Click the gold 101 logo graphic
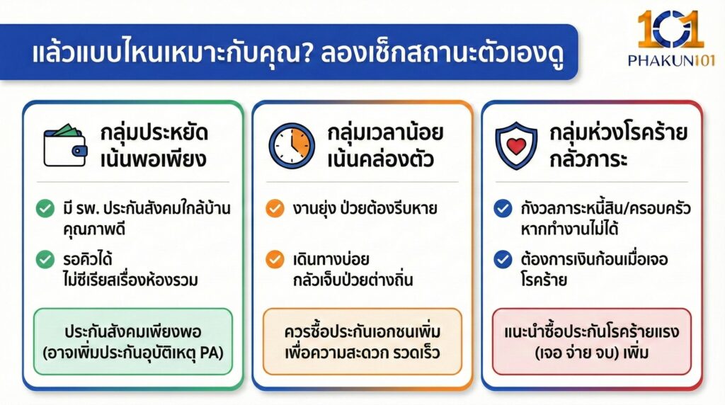point(670,30)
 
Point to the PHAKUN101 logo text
point(670,61)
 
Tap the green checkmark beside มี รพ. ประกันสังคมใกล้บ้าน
point(45,209)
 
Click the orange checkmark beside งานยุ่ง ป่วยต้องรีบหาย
point(274,209)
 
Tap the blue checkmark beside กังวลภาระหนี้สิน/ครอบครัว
point(503,209)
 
